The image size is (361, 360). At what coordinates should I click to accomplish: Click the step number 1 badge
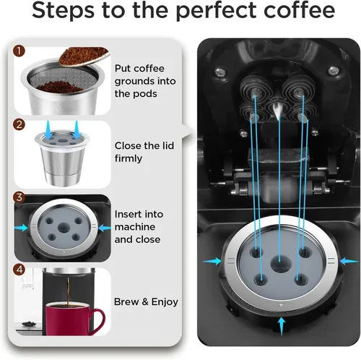coord(19,52)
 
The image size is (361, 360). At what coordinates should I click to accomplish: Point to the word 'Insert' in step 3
coord(129,215)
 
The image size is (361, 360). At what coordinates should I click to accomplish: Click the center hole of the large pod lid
coord(279,264)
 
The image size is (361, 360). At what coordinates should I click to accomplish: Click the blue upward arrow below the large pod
coord(280,327)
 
